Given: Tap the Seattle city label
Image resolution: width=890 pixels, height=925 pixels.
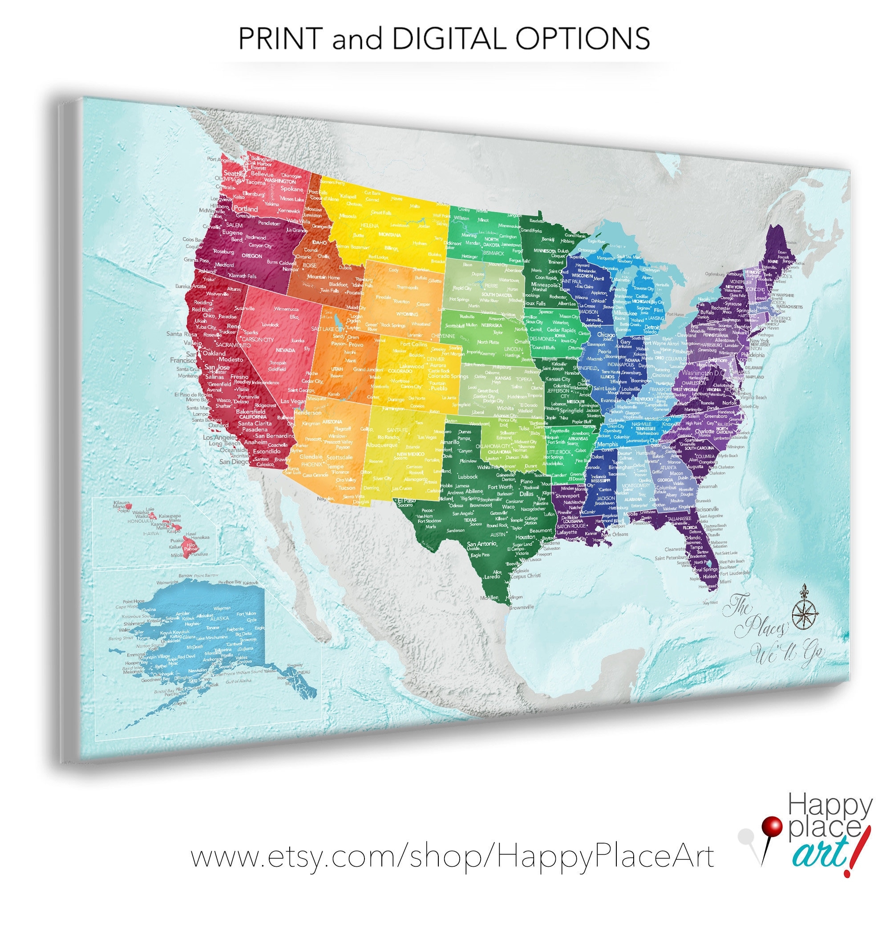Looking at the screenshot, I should [233, 173].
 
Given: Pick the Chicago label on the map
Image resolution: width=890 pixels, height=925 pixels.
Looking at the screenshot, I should [606, 335].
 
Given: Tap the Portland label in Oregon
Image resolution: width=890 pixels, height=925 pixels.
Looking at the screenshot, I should [246, 208].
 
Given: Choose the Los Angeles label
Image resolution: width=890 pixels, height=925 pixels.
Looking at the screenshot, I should [220, 437].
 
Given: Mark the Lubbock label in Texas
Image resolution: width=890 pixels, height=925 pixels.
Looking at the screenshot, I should [468, 477].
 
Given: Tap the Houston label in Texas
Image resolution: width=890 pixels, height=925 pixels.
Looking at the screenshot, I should [525, 537].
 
